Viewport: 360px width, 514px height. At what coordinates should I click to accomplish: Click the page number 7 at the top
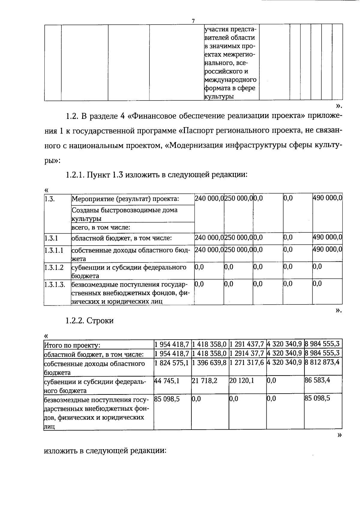(x=193, y=21)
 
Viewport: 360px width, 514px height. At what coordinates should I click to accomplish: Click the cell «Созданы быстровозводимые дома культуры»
(x=124, y=214)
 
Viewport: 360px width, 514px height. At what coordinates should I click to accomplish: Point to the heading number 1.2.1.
(x=75, y=175)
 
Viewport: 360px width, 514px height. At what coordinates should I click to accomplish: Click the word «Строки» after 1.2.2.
(x=100, y=321)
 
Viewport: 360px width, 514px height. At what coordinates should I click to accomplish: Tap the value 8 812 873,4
(x=322, y=362)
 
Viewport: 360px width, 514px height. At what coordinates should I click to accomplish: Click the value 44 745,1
(x=167, y=381)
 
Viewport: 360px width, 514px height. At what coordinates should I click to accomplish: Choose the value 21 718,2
(x=205, y=381)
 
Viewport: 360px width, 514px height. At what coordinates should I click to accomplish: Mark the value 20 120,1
(x=242, y=381)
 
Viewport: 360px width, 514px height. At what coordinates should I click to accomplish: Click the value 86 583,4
(x=317, y=381)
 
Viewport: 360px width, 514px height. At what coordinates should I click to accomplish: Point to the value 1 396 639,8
(x=209, y=363)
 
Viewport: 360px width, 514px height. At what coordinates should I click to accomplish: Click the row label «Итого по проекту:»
(x=72, y=346)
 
